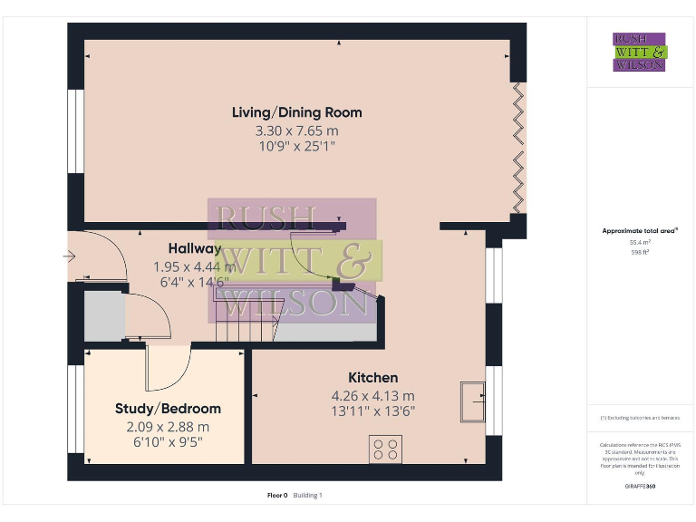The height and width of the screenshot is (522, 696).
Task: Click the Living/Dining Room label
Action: pyautogui.click(x=296, y=112)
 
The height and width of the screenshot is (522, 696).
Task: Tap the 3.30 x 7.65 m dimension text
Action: pyautogui.click(x=296, y=130)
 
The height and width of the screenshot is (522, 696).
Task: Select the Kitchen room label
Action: pyautogui.click(x=372, y=377)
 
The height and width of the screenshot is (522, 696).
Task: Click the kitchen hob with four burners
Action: pyautogui.click(x=386, y=449)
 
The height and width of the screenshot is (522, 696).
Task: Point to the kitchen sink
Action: pyautogui.click(x=472, y=401)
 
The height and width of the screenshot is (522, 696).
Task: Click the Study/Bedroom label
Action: pyautogui.click(x=168, y=409)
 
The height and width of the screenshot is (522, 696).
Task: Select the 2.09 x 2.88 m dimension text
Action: pyautogui.click(x=168, y=427)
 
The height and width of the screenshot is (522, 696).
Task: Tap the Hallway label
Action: pyautogui.click(x=194, y=248)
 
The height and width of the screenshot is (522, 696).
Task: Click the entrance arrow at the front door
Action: pyautogui.click(x=69, y=256)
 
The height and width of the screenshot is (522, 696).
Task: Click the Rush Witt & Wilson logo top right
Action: pyautogui.click(x=640, y=52)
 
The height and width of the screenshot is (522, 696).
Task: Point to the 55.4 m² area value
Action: pyautogui.click(x=640, y=242)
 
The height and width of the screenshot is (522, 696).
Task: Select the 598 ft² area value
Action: pyautogui.click(x=640, y=252)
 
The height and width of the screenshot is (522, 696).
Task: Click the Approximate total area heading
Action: pyautogui.click(x=640, y=231)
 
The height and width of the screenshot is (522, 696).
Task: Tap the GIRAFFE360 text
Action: pyautogui.click(x=640, y=487)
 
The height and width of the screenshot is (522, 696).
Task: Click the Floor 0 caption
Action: pyautogui.click(x=277, y=495)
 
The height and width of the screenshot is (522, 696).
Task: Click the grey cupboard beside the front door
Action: pyautogui.click(x=104, y=316)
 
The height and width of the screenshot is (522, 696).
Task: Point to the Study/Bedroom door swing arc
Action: pyautogui.click(x=177, y=367)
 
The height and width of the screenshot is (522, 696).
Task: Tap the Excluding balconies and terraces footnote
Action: pyautogui.click(x=640, y=418)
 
